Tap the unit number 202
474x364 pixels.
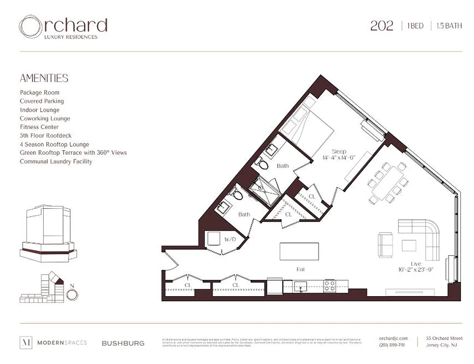click(381, 26)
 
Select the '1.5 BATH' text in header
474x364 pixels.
click(449, 26)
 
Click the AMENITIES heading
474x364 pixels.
click(44, 78)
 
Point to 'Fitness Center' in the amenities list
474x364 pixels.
click(39, 127)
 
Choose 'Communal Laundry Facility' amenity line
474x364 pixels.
click(56, 162)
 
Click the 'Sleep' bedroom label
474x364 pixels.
click(339, 152)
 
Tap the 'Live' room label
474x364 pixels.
click(415, 264)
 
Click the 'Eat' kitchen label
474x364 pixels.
click(300, 269)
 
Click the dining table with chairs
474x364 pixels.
click(387, 182)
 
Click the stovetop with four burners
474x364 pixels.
click(329, 286)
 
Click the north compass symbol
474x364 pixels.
click(71, 294)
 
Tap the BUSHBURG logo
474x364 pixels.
click(123, 343)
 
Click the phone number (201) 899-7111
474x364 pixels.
click(392, 345)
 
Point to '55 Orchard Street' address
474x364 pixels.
click(444, 338)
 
